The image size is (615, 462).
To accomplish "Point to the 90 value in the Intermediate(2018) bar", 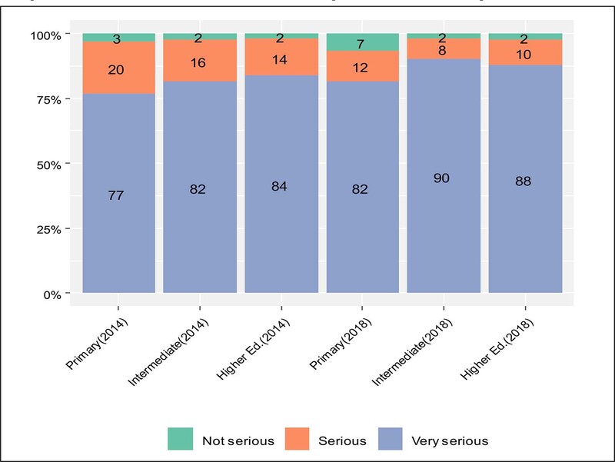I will coord(444,178).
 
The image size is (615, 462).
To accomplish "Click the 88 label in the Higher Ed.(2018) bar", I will coord(525,181).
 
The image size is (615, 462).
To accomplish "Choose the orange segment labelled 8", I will coord(444,49).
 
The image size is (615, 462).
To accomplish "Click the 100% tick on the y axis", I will coord(45,35).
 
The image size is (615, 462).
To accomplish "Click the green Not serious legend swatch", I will coord(181,440).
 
